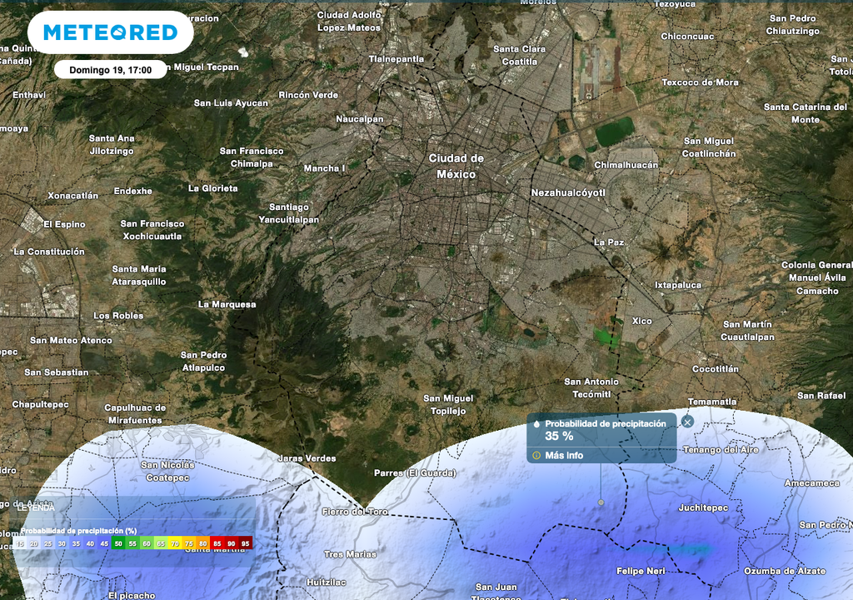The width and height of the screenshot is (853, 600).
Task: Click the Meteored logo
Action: coord(110,32)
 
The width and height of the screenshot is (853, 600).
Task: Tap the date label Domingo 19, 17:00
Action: coord(110,70)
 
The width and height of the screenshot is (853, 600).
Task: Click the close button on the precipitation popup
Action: coord(687,422)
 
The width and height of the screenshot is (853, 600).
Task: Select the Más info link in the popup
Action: coord(564,456)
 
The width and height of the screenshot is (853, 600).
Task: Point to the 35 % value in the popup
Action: coord(559,436)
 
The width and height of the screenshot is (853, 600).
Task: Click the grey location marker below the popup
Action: coord(601,502)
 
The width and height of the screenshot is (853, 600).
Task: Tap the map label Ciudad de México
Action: coord(456,166)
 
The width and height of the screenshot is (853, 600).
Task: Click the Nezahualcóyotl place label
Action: coord(568,192)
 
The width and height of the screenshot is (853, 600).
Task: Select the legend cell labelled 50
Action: coord(118,543)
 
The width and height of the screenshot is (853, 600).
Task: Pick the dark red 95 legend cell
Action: coord(245,543)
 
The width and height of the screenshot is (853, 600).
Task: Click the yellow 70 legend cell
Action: coord(175,543)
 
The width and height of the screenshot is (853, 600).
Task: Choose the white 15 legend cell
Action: coord(20,543)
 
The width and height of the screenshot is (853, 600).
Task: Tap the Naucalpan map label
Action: coord(360,119)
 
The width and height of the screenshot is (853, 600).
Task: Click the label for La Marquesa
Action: coord(227,304)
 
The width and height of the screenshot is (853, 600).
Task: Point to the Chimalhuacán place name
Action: coord(626,165)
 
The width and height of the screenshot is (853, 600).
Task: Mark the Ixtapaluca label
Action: coord(677,285)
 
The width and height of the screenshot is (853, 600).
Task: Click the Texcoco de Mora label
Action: coord(700,82)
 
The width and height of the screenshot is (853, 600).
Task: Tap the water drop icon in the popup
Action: coord(537,424)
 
